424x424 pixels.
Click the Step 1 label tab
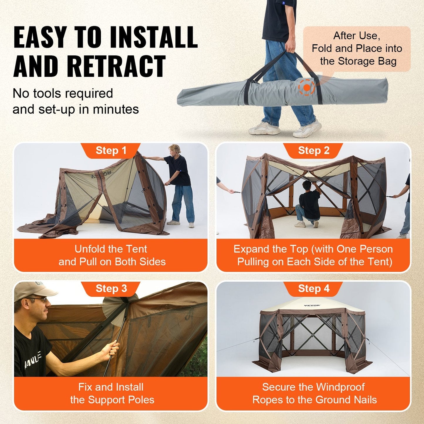[111, 151]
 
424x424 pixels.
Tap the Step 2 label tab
[313, 151]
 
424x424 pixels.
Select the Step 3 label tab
[111, 288]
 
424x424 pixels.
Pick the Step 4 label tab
[313, 288]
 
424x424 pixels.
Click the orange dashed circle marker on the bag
[307, 87]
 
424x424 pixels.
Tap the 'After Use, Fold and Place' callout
[357, 48]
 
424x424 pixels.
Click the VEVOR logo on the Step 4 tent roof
[312, 305]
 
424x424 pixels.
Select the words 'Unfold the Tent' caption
[111, 249]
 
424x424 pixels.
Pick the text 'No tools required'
[63, 94]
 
